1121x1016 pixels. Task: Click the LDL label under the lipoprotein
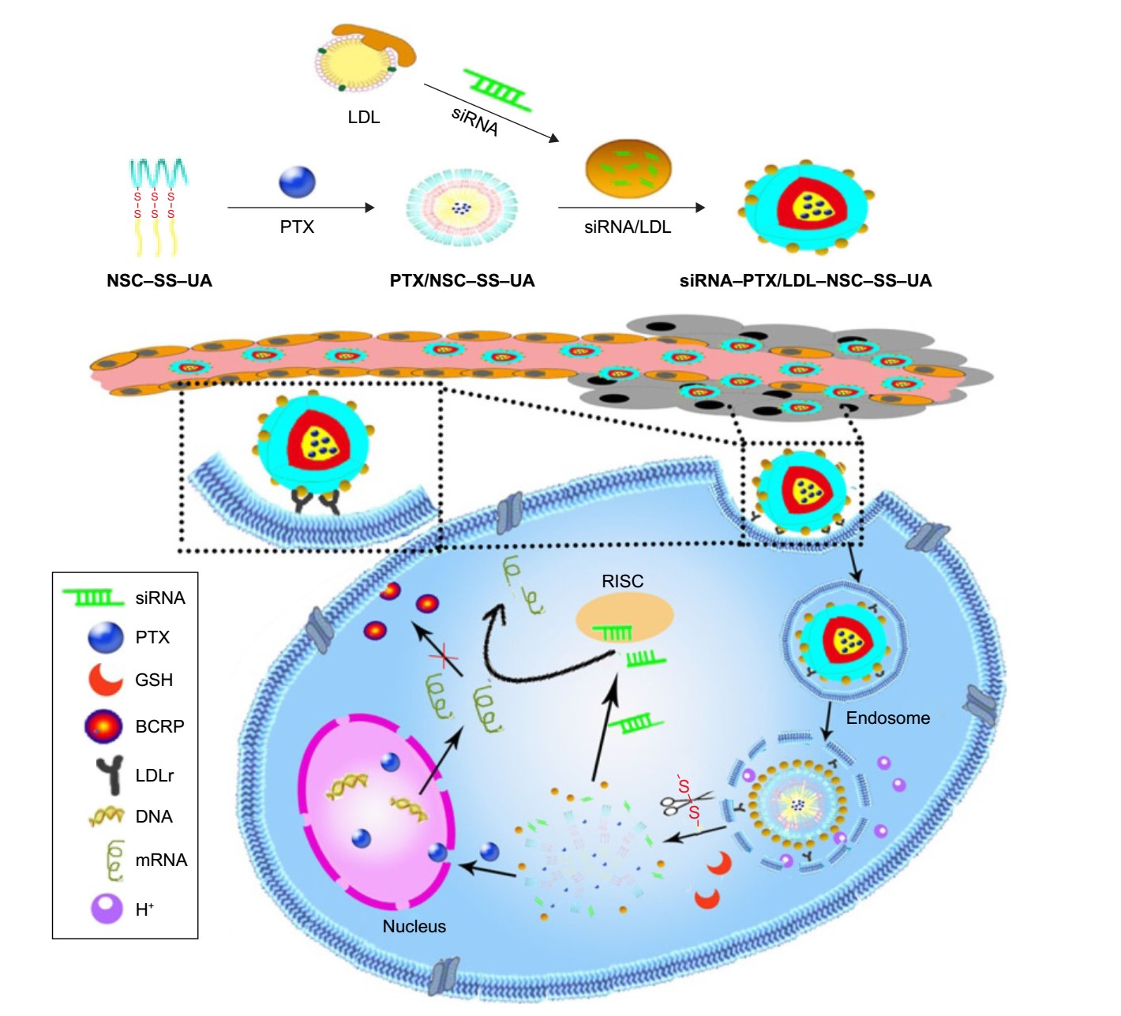tap(364, 118)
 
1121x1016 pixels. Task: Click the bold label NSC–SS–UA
tap(159, 281)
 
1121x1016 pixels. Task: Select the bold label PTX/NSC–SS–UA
tap(462, 281)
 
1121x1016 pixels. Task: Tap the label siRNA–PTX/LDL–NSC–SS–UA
tap(805, 281)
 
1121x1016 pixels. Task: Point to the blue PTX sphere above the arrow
tap(297, 182)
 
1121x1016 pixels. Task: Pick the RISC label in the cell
tap(622, 582)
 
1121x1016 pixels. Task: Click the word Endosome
tap(887, 718)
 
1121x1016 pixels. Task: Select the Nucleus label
tap(414, 927)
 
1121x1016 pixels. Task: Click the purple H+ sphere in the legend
tap(107, 909)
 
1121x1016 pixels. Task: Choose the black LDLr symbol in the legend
tap(110, 774)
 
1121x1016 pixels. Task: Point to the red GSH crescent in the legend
tap(105, 680)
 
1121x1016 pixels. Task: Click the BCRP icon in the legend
tap(103, 726)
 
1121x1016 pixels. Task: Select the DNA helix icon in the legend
tap(107, 816)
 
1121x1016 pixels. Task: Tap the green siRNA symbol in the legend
tap(93, 598)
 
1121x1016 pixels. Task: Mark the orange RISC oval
tap(624, 617)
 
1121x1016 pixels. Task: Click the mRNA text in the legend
tap(161, 860)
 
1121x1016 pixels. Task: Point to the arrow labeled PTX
tap(300, 208)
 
